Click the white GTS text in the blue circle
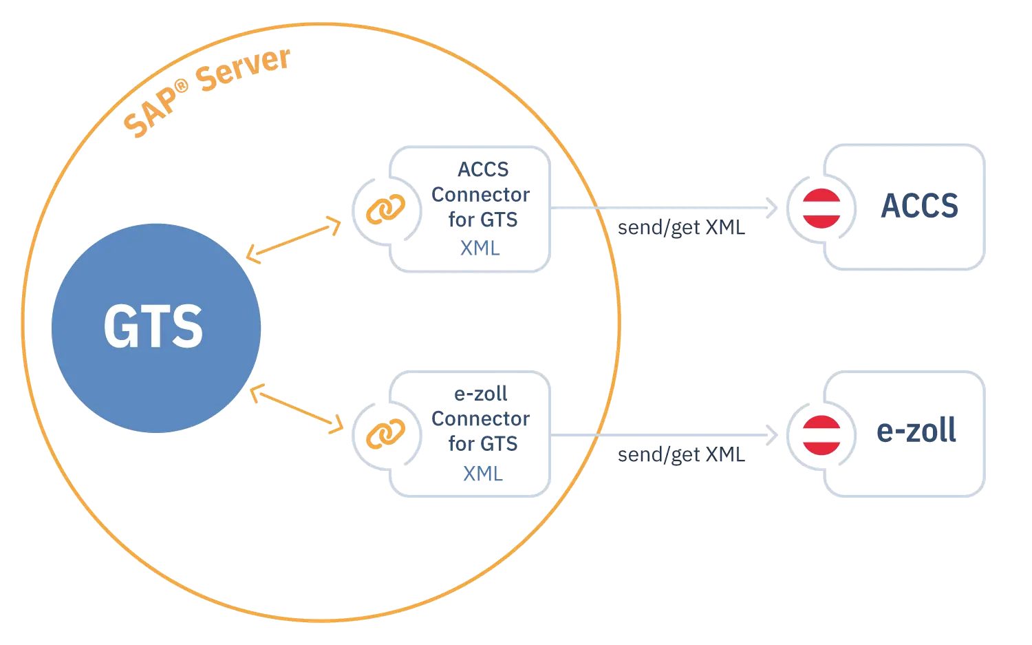[153, 326]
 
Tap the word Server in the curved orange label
[244, 68]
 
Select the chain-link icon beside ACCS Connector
[385, 209]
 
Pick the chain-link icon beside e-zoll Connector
[385, 434]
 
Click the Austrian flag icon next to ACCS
[821, 209]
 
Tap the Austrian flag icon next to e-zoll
[821, 435]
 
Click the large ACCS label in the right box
[920, 206]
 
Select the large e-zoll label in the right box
[916, 430]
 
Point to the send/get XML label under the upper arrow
[681, 228]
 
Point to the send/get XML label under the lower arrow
[681, 454]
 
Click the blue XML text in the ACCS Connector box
[480, 249]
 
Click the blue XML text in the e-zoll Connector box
[483, 474]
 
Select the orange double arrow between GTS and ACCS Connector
[294, 240]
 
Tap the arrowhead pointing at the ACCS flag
[772, 208]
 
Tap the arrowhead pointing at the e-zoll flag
[772, 435]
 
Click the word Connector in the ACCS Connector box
[480, 195]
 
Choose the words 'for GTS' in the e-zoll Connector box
[483, 443]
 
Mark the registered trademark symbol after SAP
[182, 86]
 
